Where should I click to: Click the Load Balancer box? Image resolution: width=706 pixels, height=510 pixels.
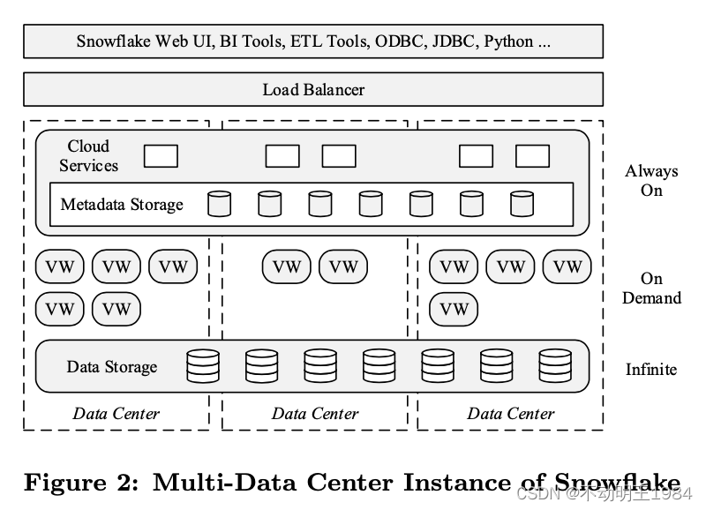(x=313, y=89)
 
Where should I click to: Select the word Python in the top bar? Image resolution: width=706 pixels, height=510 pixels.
(x=508, y=41)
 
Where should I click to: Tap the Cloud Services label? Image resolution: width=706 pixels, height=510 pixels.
(x=88, y=155)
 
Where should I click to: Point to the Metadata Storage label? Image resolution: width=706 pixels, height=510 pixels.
(x=122, y=205)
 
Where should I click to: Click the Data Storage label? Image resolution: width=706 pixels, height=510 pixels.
(x=112, y=366)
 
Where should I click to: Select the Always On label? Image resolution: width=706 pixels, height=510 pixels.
(x=651, y=180)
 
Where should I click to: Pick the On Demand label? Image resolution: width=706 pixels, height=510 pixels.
(x=651, y=289)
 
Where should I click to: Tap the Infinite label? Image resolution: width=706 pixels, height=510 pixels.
(x=651, y=369)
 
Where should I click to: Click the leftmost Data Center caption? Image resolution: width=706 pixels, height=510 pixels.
(x=116, y=413)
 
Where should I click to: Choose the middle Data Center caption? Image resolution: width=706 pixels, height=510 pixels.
(x=315, y=413)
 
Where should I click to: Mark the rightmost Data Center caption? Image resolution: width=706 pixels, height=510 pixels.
(x=511, y=413)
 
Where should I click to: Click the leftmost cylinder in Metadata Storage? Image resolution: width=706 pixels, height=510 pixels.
(x=219, y=204)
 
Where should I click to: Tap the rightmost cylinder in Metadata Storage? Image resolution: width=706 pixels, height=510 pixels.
(x=522, y=204)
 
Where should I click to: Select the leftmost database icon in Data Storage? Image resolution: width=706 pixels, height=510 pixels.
(x=203, y=365)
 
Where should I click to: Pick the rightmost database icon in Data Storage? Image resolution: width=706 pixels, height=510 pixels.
(x=555, y=365)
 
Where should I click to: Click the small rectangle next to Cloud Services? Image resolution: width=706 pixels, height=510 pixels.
(x=161, y=156)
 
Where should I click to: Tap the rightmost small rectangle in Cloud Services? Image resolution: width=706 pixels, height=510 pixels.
(x=532, y=156)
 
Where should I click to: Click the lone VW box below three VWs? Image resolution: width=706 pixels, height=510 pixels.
(x=454, y=309)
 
